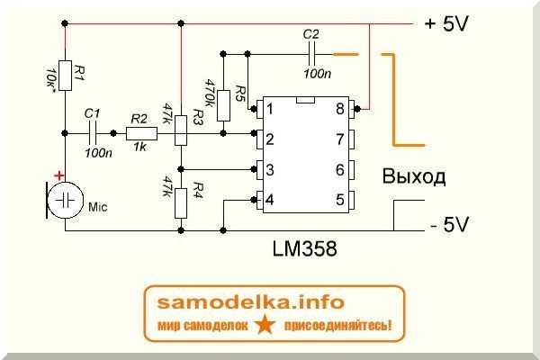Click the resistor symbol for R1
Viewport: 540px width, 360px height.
[x=65, y=76]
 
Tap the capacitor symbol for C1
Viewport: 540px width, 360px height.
[x=93, y=133]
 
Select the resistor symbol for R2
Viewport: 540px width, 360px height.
[x=141, y=133]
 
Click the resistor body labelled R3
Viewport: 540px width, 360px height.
[x=181, y=130]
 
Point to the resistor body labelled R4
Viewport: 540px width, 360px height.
[x=181, y=203]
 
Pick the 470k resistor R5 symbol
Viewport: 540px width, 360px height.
[x=223, y=106]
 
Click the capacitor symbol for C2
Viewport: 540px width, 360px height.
[x=311, y=54]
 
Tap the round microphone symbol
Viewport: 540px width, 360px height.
[x=65, y=200]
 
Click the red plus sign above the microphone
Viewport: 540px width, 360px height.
[x=58, y=176]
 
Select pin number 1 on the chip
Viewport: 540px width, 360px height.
[x=270, y=109]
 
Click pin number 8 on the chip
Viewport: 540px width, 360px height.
[x=340, y=109]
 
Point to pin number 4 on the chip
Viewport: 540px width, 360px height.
[x=270, y=200]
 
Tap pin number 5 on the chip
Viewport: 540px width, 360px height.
[x=340, y=200]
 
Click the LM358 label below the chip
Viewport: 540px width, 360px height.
[x=305, y=248]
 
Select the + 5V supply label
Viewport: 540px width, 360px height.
[x=446, y=24]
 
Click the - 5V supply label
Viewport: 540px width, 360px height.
[x=449, y=225]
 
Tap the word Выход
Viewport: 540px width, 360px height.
[x=414, y=176]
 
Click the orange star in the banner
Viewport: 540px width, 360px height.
[x=265, y=325]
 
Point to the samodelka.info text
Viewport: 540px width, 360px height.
[x=251, y=302]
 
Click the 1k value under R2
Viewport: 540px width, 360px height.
[x=140, y=147]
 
